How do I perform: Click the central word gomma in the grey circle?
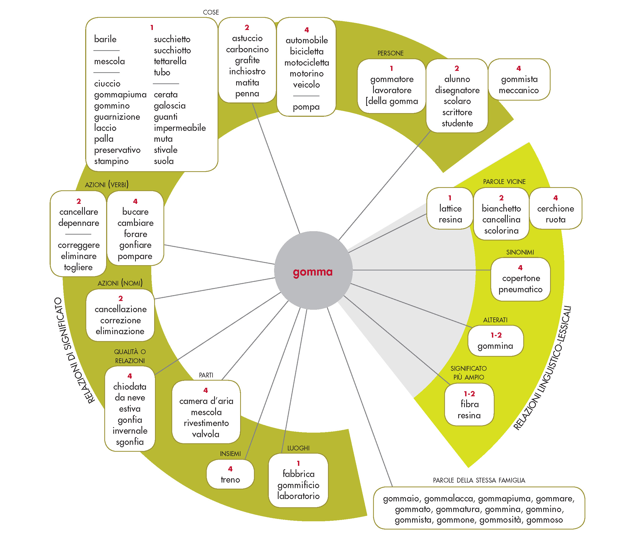coord(313,272)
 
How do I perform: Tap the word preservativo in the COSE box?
coord(117,150)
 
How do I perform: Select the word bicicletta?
coord(306,51)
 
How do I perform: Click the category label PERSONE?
coord(390,53)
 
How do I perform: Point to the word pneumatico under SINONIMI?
coord(520,289)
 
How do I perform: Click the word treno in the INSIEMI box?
coord(230,480)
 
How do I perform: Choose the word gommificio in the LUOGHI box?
coord(298,485)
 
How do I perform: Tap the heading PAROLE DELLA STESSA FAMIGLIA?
coord(479,480)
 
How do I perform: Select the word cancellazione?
coord(120,309)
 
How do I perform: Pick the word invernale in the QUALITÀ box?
coord(130,431)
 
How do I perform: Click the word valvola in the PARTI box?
coord(206,434)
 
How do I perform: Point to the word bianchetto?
coord(501,209)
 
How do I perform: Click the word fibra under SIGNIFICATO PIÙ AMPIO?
coord(469,404)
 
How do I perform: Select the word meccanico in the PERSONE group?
coord(518,90)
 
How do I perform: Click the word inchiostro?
coord(247,71)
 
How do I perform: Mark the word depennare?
coord(79,223)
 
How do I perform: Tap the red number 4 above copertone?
coord(520,268)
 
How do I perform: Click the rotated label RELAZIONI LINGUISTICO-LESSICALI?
coord(542,368)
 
